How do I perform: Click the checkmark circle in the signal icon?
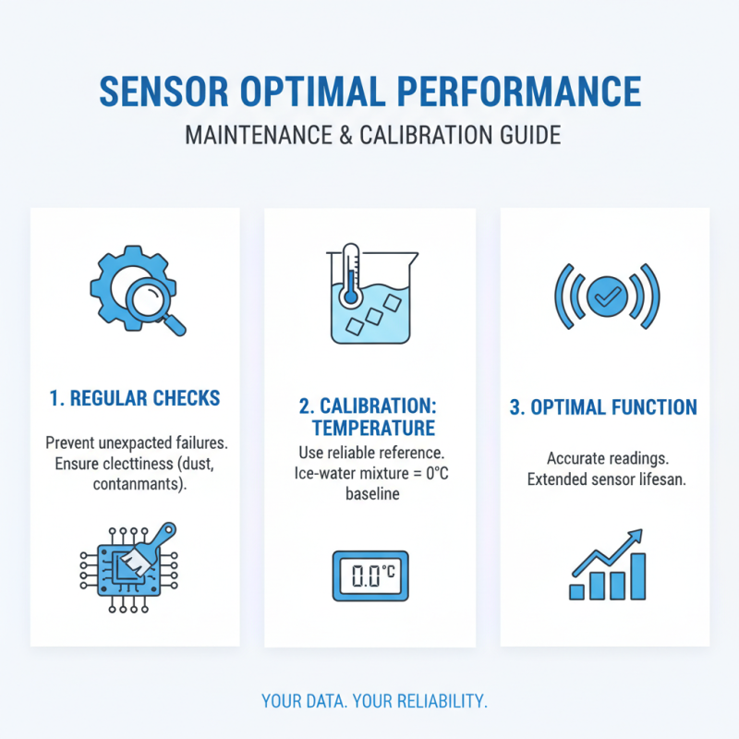coord(606,296)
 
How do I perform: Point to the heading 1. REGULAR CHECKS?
coord(135,398)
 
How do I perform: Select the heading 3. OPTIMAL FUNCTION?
coord(604,407)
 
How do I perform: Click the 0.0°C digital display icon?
coord(369,577)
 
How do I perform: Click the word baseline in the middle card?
coord(370,494)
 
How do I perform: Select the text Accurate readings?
coord(604,458)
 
